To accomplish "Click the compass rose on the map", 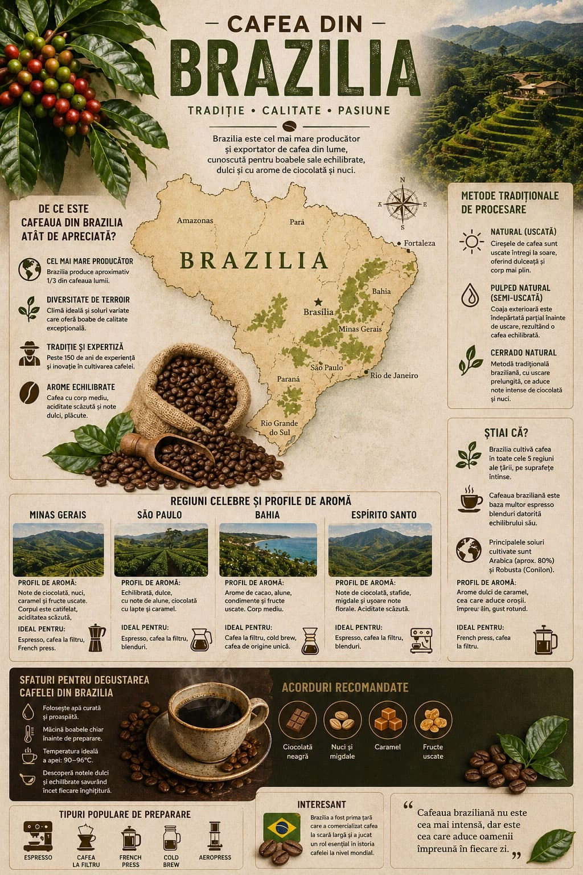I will (403, 203).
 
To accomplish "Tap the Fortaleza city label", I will (419, 243).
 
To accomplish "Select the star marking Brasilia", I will (318, 302).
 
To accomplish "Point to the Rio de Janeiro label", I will (394, 375).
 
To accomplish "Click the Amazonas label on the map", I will (195, 220).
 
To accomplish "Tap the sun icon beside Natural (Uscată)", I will (471, 242).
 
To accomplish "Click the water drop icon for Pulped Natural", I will (470, 295).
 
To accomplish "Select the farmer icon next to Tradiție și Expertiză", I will (27, 354).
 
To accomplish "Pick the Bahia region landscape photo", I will (268, 549).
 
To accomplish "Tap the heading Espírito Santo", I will (384, 515).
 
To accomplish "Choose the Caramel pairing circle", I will (388, 720).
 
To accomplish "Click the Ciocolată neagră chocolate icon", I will (297, 720).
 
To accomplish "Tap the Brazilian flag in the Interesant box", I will (282, 827).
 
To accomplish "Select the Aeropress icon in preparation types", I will (215, 836).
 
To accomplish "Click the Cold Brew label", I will (171, 861).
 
